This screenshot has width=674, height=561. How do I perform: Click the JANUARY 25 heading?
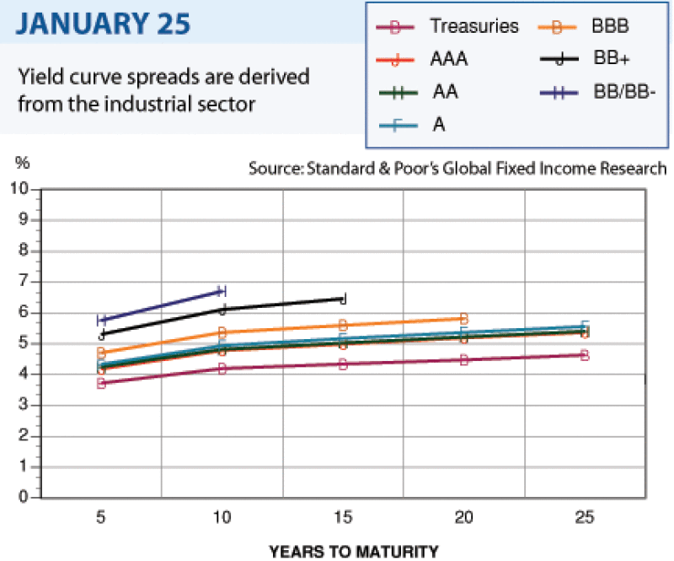[x=100, y=23]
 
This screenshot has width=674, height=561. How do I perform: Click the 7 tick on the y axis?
[x=26, y=281]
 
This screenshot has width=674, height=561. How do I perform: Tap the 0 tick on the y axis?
[x=26, y=498]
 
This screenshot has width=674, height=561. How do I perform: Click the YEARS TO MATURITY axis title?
[x=354, y=552]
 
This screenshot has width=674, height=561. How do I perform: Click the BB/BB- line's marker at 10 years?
[x=222, y=291]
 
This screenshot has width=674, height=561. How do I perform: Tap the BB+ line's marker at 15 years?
[x=343, y=299]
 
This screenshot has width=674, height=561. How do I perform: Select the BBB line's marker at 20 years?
[x=463, y=318]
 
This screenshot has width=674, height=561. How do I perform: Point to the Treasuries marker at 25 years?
[x=584, y=355]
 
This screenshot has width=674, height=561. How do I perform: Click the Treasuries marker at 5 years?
[x=101, y=383]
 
